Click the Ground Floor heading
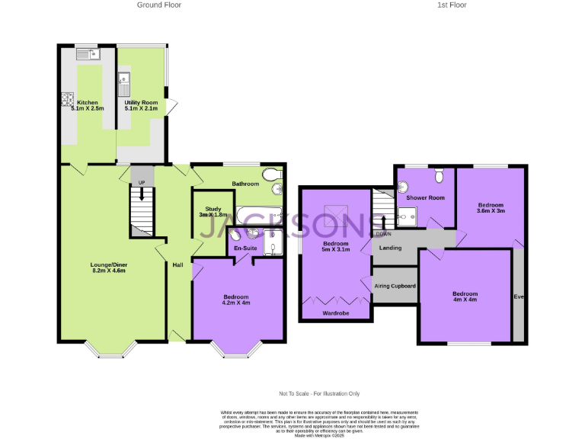tap(158, 5)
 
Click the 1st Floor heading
tap(452, 5)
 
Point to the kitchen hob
tap(66, 100)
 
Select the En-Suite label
tap(245, 248)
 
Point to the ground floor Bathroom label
tap(245, 184)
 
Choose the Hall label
tap(177, 264)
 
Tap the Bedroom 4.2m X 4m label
tap(236, 300)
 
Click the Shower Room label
tap(426, 198)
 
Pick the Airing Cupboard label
tap(395, 286)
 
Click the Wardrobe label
tap(336, 312)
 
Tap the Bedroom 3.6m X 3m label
tap(491, 207)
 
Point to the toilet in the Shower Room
tap(438, 177)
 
